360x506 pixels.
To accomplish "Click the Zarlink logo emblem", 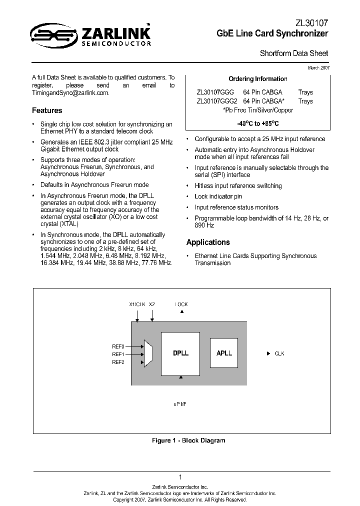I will (x=50, y=34).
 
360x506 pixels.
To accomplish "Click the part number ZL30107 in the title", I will (x=313, y=23).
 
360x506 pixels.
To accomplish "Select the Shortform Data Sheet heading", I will (x=294, y=53).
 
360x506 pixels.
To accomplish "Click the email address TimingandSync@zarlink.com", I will (x=70, y=93).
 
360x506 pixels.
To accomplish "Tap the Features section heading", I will (x=47, y=110).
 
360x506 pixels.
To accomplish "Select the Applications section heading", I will (x=208, y=242).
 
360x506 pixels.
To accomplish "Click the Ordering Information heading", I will (x=257, y=79).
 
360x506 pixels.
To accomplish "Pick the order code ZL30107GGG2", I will (x=217, y=101).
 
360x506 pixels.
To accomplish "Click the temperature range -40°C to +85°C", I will (x=257, y=123).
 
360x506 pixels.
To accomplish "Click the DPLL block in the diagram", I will (x=180, y=353).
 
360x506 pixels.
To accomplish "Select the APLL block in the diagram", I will (x=224, y=353).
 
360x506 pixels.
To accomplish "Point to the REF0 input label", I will (x=118, y=346).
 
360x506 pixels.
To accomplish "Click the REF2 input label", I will (x=118, y=362).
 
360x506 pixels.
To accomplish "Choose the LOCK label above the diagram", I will (x=181, y=304).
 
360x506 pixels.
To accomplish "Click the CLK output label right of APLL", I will (x=279, y=353).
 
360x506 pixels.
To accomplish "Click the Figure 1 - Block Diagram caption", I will (x=188, y=440).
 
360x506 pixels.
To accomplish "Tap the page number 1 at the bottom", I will (x=180, y=477).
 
